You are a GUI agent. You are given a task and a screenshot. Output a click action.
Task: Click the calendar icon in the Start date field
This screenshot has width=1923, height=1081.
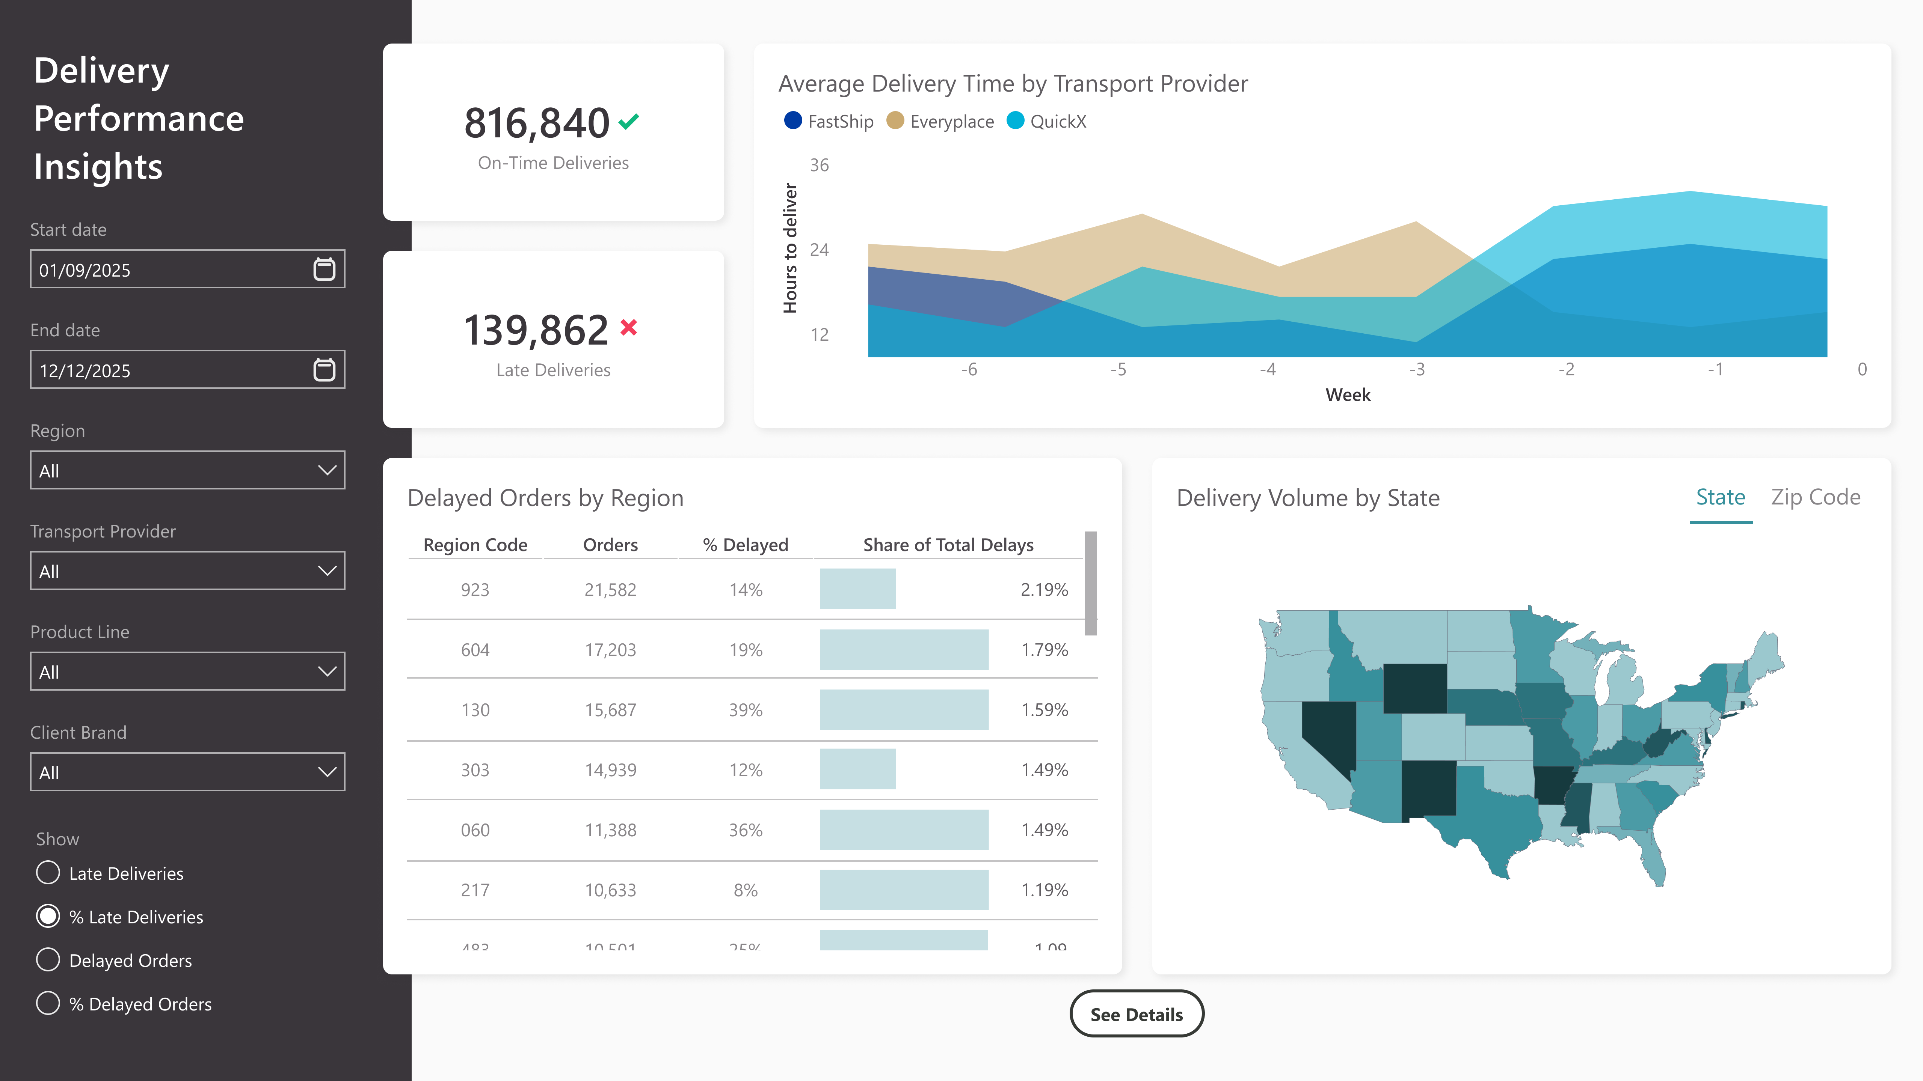[x=324, y=269]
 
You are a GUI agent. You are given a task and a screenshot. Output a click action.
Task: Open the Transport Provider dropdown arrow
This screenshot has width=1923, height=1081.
[x=327, y=571]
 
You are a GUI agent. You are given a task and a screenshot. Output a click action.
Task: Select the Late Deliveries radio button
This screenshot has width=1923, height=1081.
[x=48, y=873]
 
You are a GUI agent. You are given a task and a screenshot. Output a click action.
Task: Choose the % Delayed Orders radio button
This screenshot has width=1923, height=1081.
[x=48, y=1003]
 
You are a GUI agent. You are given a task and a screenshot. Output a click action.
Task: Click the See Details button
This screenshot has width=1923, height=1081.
[x=1136, y=1014]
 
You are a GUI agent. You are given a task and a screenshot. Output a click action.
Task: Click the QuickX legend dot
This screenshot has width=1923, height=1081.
[x=1015, y=121]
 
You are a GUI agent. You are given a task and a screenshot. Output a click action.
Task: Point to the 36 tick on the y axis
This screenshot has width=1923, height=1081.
[x=819, y=165]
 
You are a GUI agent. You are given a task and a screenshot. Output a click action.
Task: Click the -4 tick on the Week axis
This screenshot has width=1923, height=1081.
[x=1268, y=369]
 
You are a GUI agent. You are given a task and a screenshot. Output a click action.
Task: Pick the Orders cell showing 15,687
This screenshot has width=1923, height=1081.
[x=610, y=709]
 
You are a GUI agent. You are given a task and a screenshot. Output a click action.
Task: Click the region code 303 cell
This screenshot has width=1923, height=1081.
[x=475, y=770]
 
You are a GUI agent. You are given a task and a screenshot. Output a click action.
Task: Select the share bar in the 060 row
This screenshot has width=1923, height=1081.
[x=904, y=830]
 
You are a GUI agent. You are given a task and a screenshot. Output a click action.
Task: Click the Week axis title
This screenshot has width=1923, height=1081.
[x=1348, y=394]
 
